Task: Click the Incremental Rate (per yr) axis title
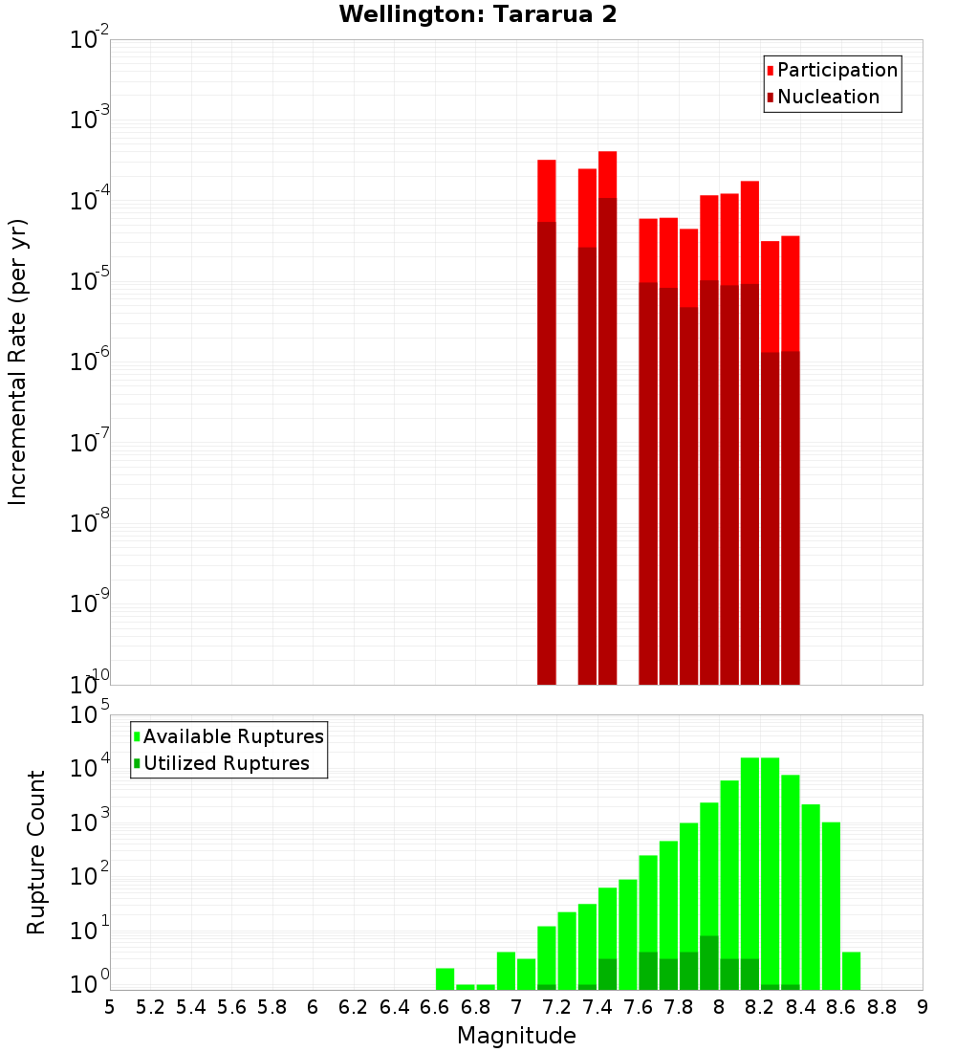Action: pyautogui.click(x=18, y=362)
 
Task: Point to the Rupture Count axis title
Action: pyautogui.click(x=36, y=851)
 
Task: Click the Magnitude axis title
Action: pyautogui.click(x=516, y=1036)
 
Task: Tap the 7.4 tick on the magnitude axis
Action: pyautogui.click(x=597, y=1007)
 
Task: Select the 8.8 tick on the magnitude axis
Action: pyautogui.click(x=881, y=1007)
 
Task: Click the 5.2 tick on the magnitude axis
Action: pyautogui.click(x=150, y=1007)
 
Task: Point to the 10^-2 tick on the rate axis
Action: pyautogui.click(x=90, y=40)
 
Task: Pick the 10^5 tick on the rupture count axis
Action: pyautogui.click(x=90, y=715)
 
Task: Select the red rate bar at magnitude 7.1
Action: pyautogui.click(x=547, y=421)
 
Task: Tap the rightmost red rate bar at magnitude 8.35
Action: pyautogui.click(x=790, y=459)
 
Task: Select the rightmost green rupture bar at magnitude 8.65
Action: pyautogui.click(x=851, y=971)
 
